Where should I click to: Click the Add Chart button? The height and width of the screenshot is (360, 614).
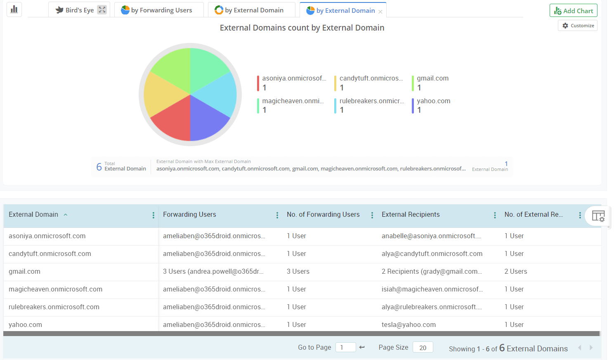pos(573,11)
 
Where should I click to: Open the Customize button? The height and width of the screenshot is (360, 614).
pos(578,26)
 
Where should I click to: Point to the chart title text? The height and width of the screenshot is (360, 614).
pos(302,28)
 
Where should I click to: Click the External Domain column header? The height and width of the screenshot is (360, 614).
pos(33,215)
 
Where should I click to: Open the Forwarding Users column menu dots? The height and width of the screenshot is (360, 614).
pos(277,215)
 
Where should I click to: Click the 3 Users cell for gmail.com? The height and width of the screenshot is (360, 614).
pos(298,272)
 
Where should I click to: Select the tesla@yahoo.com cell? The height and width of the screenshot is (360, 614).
pos(409,325)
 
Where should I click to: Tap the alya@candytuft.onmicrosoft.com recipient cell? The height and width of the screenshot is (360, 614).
pos(432,254)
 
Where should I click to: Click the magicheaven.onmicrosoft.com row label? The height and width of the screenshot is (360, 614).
pos(55,289)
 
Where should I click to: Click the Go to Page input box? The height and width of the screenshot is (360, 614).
pos(345,347)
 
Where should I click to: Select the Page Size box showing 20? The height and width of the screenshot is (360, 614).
pos(423,347)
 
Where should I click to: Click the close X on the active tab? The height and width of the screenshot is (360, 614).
pos(380,12)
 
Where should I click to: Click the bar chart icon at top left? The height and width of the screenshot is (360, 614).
pos(14,9)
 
